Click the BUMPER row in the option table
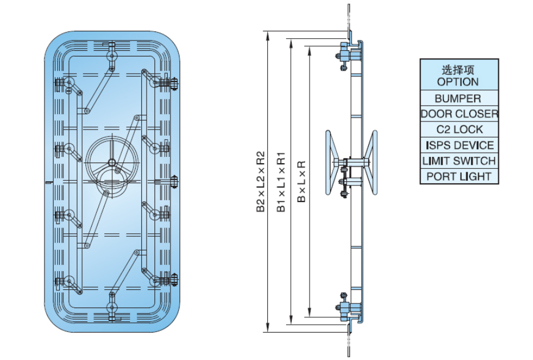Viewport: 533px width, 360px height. (x=459, y=98)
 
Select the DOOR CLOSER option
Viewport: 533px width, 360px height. (x=459, y=114)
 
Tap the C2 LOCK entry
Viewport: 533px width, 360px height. (x=459, y=130)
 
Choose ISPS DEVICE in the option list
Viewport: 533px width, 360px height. (x=459, y=145)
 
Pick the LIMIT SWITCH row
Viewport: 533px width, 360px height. (x=459, y=161)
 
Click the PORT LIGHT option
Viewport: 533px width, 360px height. (x=459, y=176)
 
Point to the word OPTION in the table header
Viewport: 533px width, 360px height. (x=458, y=82)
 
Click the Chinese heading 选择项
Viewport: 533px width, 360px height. (x=458, y=70)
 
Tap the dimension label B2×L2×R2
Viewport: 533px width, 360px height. (x=261, y=182)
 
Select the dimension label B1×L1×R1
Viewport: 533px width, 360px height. (x=281, y=182)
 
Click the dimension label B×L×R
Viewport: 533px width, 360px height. (x=302, y=182)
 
